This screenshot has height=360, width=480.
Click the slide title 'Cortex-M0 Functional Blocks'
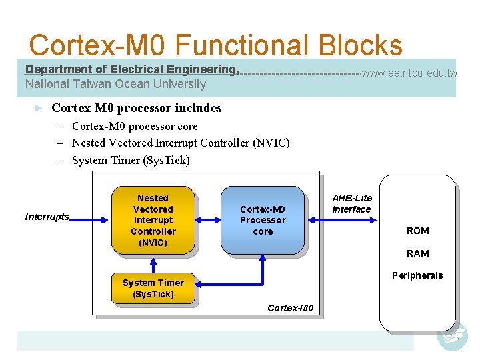[215, 45]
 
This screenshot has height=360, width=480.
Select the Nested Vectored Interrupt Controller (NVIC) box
[153, 220]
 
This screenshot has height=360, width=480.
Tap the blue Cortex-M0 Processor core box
[263, 220]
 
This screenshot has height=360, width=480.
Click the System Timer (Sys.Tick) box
[153, 288]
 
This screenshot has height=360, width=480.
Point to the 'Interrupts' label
[47, 217]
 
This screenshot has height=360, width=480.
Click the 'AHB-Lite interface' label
[352, 204]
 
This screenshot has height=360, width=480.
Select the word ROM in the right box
[418, 231]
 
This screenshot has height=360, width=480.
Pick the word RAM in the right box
[418, 253]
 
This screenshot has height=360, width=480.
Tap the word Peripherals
[417, 275]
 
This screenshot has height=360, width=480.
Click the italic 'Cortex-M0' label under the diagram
[290, 307]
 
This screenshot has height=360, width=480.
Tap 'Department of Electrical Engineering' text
[131, 69]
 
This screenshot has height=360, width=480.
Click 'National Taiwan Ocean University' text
[115, 84]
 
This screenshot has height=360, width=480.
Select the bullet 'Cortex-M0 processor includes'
[137, 108]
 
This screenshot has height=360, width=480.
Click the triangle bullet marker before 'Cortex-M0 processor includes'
[39, 108]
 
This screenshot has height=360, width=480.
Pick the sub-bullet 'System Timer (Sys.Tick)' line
[131, 160]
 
